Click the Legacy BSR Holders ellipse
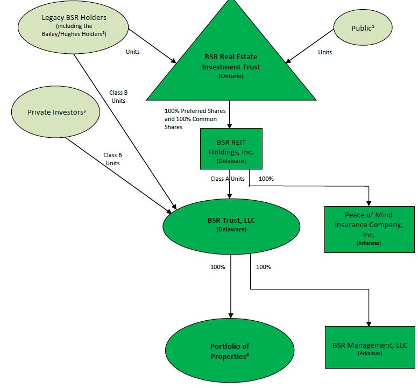[x=73, y=27]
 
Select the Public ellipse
[x=363, y=27]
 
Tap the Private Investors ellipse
[x=56, y=112]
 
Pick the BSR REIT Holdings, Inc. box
[x=231, y=149]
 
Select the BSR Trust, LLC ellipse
[x=231, y=227]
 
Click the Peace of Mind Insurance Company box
[x=370, y=229]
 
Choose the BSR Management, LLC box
[x=370, y=347]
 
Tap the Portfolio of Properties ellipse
[x=230, y=351]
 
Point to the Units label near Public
[x=325, y=52]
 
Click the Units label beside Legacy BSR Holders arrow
[x=133, y=52]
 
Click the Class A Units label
[x=228, y=179]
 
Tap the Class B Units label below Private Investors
[x=112, y=159]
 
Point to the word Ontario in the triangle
[x=231, y=76]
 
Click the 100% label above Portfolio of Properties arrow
[x=218, y=267]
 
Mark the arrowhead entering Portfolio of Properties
[x=231, y=316]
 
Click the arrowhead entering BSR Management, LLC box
[x=369, y=324]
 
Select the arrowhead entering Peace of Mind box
[x=369, y=204]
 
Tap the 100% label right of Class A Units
[x=266, y=179]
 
